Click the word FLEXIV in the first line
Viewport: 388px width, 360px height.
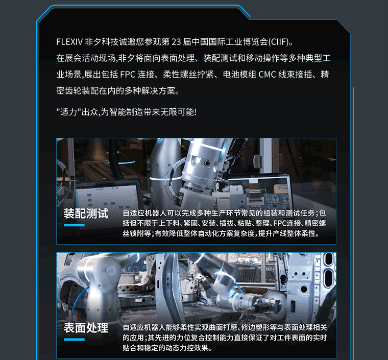point(69,41)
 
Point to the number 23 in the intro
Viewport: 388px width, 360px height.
point(176,41)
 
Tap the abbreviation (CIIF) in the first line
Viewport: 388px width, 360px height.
point(279,41)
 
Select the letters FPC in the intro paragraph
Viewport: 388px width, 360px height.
point(128,74)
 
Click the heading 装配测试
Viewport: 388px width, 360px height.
point(86,213)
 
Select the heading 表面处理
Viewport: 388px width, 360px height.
point(86,328)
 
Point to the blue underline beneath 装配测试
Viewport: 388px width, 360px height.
point(74,225)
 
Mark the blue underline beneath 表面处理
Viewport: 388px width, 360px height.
point(74,340)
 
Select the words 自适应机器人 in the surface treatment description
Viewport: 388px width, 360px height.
point(144,327)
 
